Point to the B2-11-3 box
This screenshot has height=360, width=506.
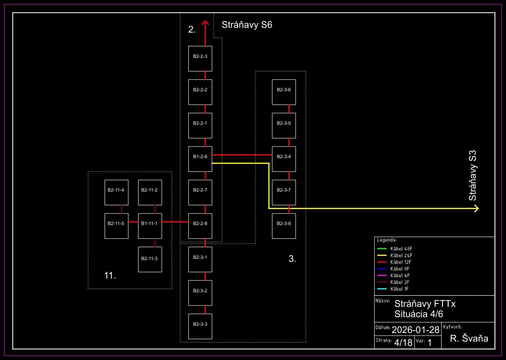[x=150, y=259]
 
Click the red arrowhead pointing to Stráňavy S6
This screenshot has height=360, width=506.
[x=205, y=24]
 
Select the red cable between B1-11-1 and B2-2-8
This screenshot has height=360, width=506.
[x=175, y=222]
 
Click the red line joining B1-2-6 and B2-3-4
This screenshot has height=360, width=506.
[x=242, y=155]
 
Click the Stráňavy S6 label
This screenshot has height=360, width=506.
[x=247, y=25]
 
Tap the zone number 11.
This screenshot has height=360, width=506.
[x=110, y=276]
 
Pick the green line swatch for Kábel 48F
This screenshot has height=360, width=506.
[x=382, y=249]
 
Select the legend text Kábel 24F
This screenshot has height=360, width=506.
[x=401, y=255]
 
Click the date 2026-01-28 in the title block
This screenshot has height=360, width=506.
[x=416, y=330]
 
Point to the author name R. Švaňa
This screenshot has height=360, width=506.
[x=469, y=339]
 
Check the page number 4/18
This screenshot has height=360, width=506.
[x=403, y=342]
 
